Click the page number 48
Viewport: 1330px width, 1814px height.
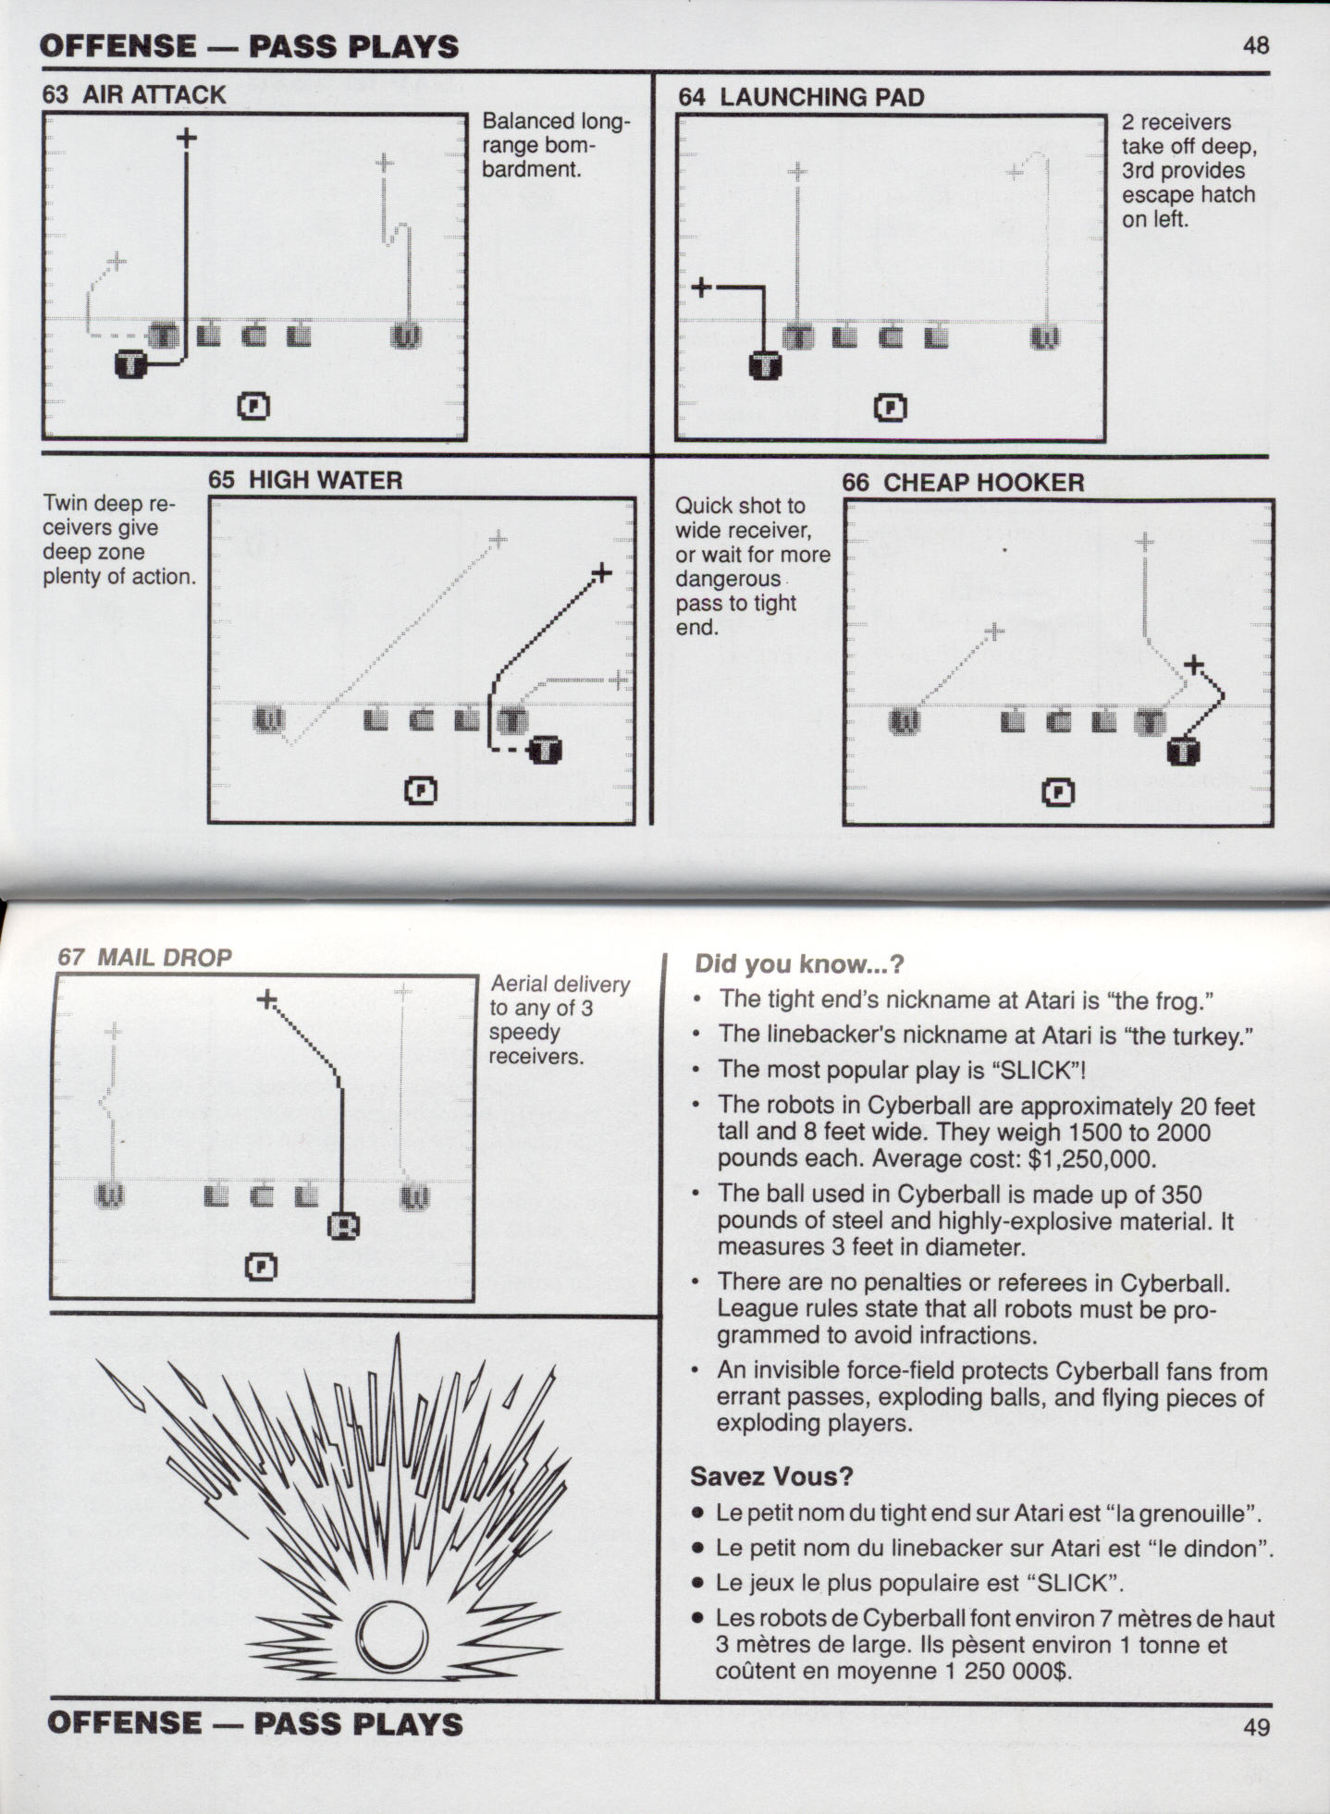[1256, 45]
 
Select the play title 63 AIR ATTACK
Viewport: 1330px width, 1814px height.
[134, 95]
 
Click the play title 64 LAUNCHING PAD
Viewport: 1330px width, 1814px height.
[801, 97]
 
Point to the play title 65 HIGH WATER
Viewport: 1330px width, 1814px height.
[305, 480]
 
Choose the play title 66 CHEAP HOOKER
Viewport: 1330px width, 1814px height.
[963, 483]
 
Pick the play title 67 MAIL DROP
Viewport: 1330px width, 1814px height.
[144, 957]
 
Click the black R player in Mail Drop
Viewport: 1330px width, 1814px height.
[344, 1226]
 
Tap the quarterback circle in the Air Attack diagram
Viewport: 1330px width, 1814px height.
[254, 405]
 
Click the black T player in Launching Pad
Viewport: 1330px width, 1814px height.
[765, 366]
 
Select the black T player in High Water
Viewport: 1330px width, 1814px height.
[546, 751]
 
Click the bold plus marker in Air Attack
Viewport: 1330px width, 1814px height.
[186, 138]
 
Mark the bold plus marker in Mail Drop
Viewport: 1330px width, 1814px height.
[266, 999]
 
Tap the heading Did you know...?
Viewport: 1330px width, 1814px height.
[798, 963]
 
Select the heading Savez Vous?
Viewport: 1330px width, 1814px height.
[771, 1477]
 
